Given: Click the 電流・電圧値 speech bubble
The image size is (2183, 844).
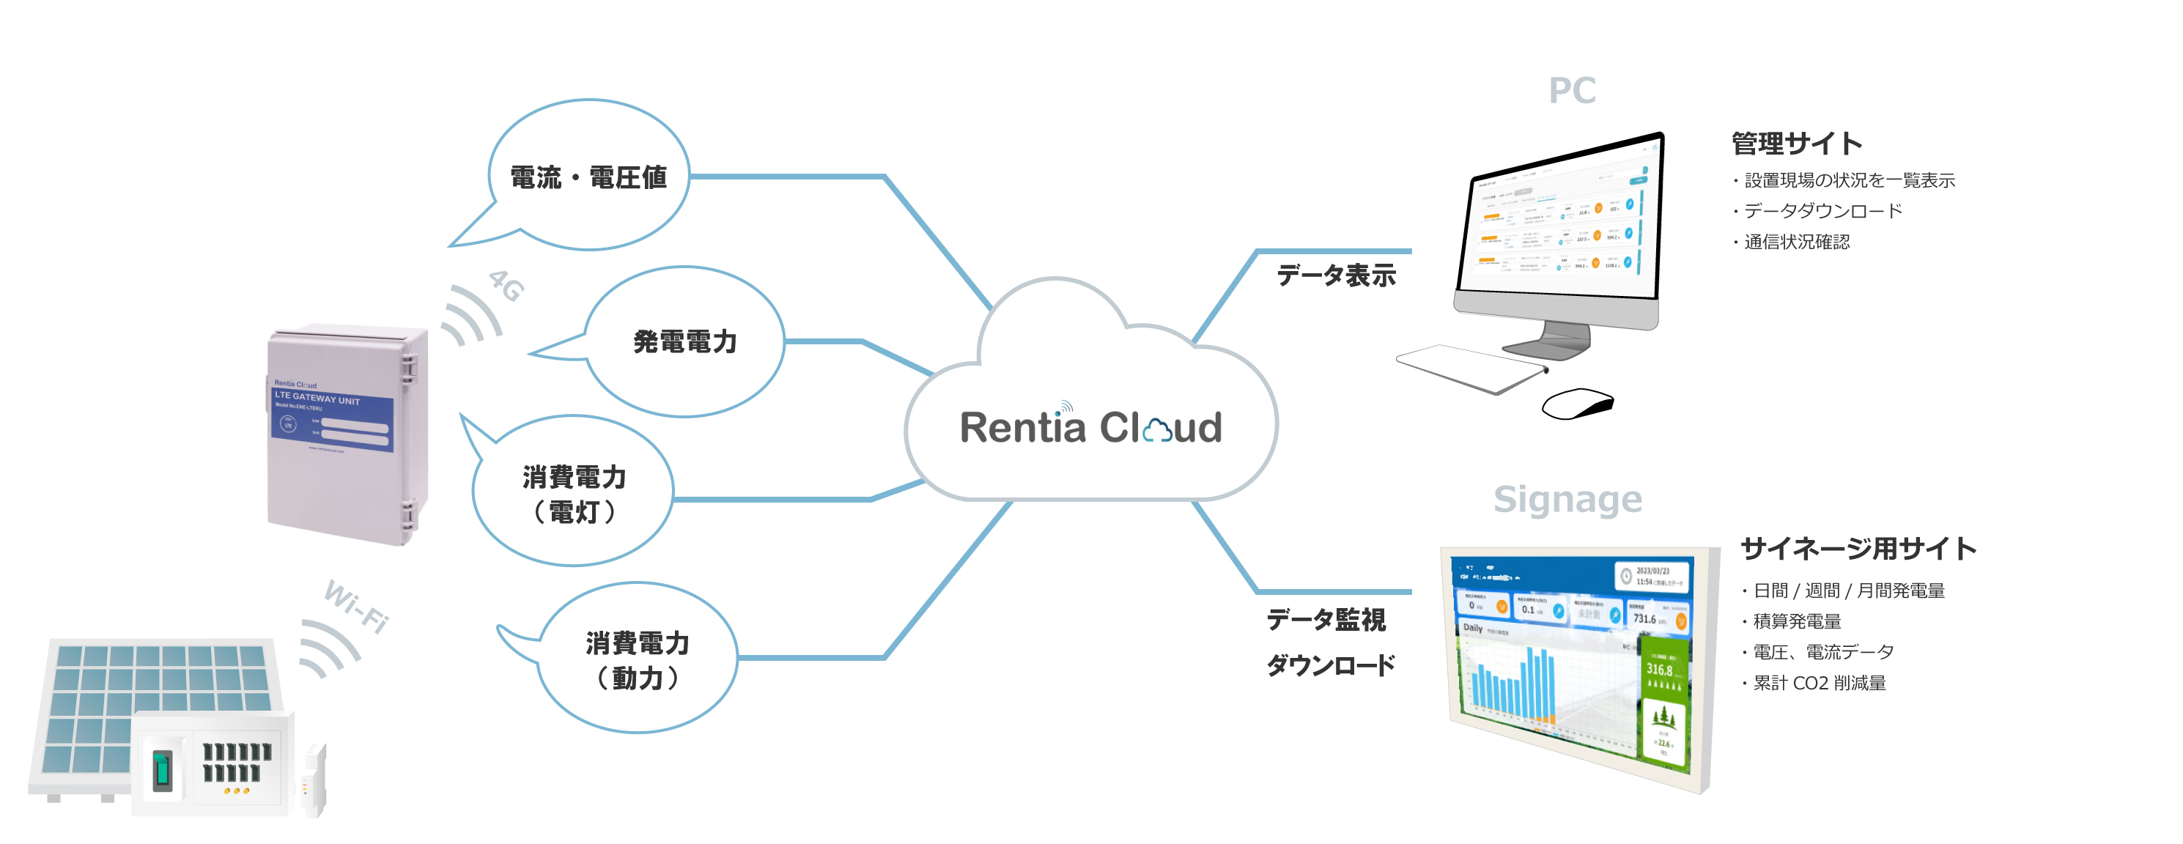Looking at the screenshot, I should pyautogui.click(x=589, y=177).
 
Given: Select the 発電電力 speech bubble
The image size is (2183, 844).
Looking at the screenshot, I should pyautogui.click(x=684, y=341).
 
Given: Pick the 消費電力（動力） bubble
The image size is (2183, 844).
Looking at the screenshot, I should pyautogui.click(x=638, y=659).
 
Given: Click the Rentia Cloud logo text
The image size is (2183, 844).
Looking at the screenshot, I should pyautogui.click(x=1090, y=427).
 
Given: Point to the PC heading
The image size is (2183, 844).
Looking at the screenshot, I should pyautogui.click(x=1571, y=91).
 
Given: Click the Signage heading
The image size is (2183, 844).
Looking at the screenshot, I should pyautogui.click(x=1567, y=499).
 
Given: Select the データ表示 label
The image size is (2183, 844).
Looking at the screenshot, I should pyautogui.click(x=1336, y=275).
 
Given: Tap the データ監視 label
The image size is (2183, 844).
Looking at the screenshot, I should pyautogui.click(x=1326, y=619).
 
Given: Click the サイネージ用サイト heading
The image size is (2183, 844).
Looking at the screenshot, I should pyautogui.click(x=1858, y=548).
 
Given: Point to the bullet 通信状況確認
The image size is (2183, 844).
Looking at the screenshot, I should pyautogui.click(x=1796, y=243).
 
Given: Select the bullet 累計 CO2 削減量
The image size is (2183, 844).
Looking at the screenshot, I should pyautogui.click(x=1819, y=683).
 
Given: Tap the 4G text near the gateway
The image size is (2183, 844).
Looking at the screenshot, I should pyautogui.click(x=507, y=286).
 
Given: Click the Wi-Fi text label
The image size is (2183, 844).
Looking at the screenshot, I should pyautogui.click(x=357, y=606).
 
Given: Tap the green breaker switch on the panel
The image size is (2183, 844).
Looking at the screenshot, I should pyautogui.click(x=162, y=769).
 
